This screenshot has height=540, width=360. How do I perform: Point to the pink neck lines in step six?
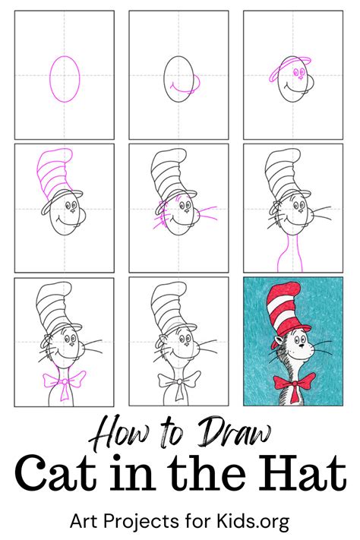click(x=292, y=251)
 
